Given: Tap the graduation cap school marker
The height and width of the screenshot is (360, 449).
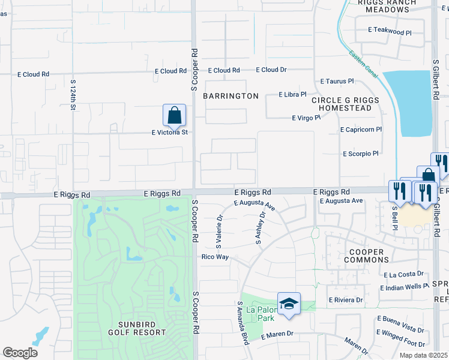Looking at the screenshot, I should tap(289, 304).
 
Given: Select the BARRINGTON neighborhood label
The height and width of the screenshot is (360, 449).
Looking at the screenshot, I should tap(231, 96).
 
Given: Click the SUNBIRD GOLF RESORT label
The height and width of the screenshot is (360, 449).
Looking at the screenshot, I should tap(137, 328).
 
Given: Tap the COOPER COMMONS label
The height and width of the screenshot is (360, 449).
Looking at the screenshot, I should tap(366, 256).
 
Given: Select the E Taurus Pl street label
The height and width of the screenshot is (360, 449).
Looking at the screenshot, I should tap(337, 81).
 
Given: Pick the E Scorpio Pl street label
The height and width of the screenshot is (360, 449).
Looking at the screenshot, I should tap(360, 154).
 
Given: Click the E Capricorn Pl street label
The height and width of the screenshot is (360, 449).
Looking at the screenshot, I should tap(360, 130).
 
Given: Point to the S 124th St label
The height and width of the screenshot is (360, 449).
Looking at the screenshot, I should tap(73, 94).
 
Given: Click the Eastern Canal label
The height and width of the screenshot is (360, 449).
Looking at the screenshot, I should tap(363, 64).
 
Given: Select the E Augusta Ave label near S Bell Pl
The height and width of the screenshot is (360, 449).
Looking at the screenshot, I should tap(342, 201).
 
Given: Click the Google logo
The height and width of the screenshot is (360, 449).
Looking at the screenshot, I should tap(20, 353).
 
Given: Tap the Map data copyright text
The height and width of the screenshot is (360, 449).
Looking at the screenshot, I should tap(424, 355).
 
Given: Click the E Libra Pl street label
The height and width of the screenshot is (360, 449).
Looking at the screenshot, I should tap(292, 95).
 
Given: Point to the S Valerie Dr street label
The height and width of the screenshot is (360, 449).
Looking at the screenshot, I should tap(219, 232).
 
